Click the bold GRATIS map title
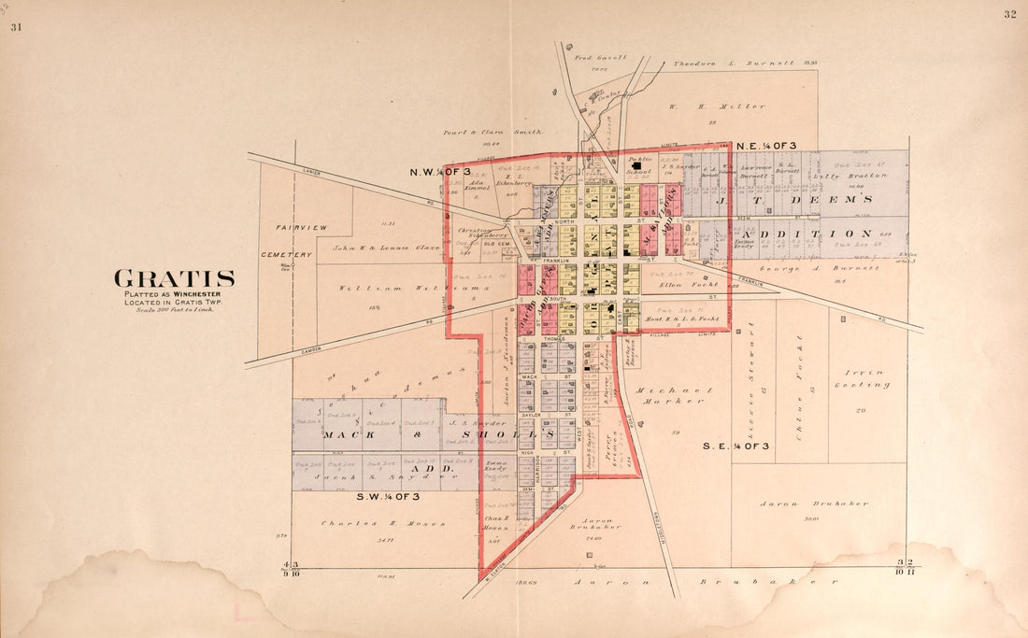click(x=174, y=278)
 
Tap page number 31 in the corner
click(x=15, y=27)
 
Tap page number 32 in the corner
click(x=1009, y=14)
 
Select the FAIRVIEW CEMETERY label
click(x=300, y=241)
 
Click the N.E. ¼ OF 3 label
click(x=765, y=147)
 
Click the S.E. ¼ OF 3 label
click(x=735, y=447)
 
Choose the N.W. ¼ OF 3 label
click(x=440, y=173)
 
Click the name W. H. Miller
click(x=717, y=106)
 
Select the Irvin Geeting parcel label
click(x=864, y=377)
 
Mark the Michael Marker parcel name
click(x=673, y=395)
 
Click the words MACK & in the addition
click(x=350, y=434)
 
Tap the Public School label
click(x=640, y=164)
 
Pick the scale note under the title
click(x=175, y=309)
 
